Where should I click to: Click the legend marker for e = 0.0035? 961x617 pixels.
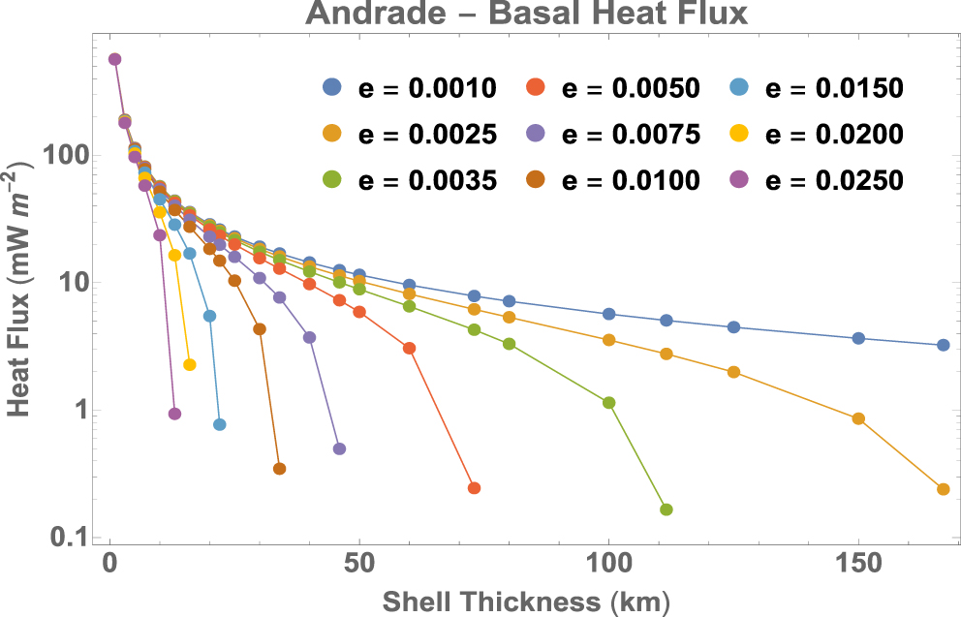(332, 179)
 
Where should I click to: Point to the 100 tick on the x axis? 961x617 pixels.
(608, 565)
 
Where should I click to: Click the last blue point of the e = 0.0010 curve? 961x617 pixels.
(944, 345)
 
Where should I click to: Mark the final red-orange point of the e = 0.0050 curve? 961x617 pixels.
(474, 488)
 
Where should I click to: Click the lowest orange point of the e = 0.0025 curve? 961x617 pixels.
(944, 489)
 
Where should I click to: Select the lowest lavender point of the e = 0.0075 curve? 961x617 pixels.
(339, 448)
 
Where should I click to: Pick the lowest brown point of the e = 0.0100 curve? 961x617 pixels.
(280, 469)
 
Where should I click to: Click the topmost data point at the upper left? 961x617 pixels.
(114, 59)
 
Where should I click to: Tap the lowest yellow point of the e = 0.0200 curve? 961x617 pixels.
(190, 365)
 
